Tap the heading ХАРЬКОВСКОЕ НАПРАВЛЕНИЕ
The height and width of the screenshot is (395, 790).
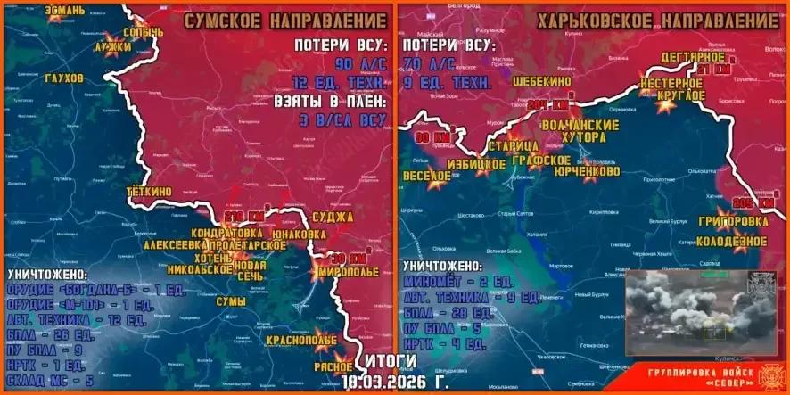[657, 21]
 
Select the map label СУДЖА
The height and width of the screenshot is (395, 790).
[333, 217]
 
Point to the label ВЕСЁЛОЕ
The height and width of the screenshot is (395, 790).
[426, 177]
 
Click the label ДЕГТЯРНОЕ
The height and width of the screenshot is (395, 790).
[692, 57]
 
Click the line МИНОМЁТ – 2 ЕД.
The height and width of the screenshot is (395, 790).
[457, 282]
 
